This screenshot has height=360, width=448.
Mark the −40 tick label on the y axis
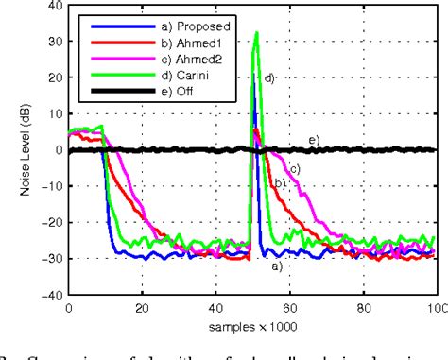[x=51, y=293]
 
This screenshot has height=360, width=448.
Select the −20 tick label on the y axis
[x=51, y=221]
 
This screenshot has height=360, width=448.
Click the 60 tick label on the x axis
[x=289, y=307]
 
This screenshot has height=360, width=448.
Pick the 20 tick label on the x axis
[x=142, y=307]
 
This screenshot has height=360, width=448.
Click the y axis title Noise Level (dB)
[x=26, y=149]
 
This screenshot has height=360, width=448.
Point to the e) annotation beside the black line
[x=314, y=140]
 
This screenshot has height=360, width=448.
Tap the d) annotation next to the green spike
[x=268, y=77]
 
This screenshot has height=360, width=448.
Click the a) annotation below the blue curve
[x=277, y=266]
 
